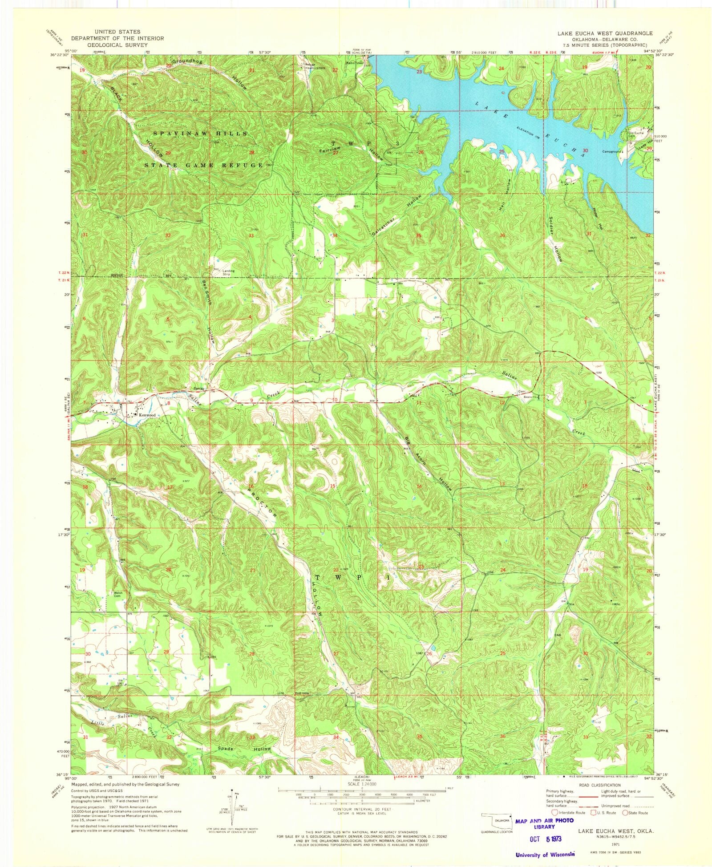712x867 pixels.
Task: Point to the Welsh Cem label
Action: (118, 595)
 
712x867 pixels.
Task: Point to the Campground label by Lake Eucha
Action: (612, 152)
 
